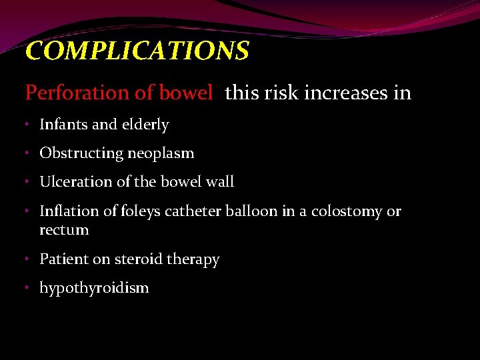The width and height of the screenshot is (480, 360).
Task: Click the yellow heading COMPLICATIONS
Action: pos(137,51)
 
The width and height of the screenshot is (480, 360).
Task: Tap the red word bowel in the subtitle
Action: pos(188,93)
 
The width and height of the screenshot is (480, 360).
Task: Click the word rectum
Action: pos(64,230)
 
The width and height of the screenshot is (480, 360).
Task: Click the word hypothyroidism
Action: pos(94,288)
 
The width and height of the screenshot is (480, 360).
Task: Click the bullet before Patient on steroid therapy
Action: pos(29,259)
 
